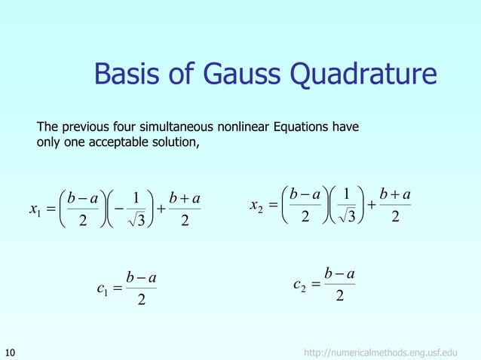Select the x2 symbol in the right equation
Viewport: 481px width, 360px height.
tap(255, 203)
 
